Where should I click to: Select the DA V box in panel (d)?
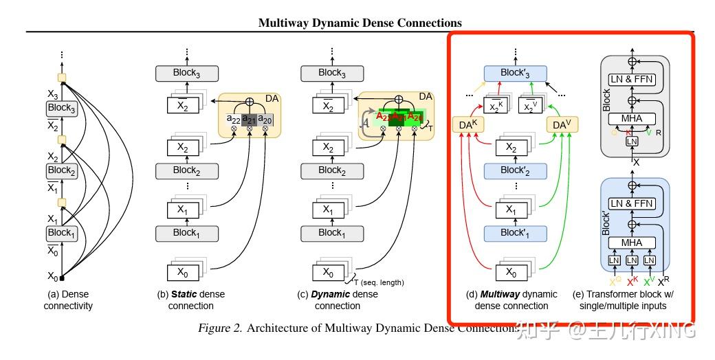coord(561,124)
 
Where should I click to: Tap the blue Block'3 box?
coord(515,73)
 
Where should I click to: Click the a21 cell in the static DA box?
coord(249,119)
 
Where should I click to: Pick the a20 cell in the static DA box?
coord(265,119)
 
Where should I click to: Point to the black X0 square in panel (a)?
coord(62,278)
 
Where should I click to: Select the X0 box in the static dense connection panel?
coord(182,272)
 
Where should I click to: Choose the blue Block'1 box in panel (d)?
coord(515,233)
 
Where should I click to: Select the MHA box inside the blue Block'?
coord(631,243)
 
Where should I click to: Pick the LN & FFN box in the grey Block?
coord(631,80)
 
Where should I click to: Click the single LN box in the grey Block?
coord(631,141)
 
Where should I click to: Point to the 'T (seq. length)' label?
coord(379,282)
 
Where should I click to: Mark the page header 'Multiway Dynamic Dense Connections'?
coord(360,23)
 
